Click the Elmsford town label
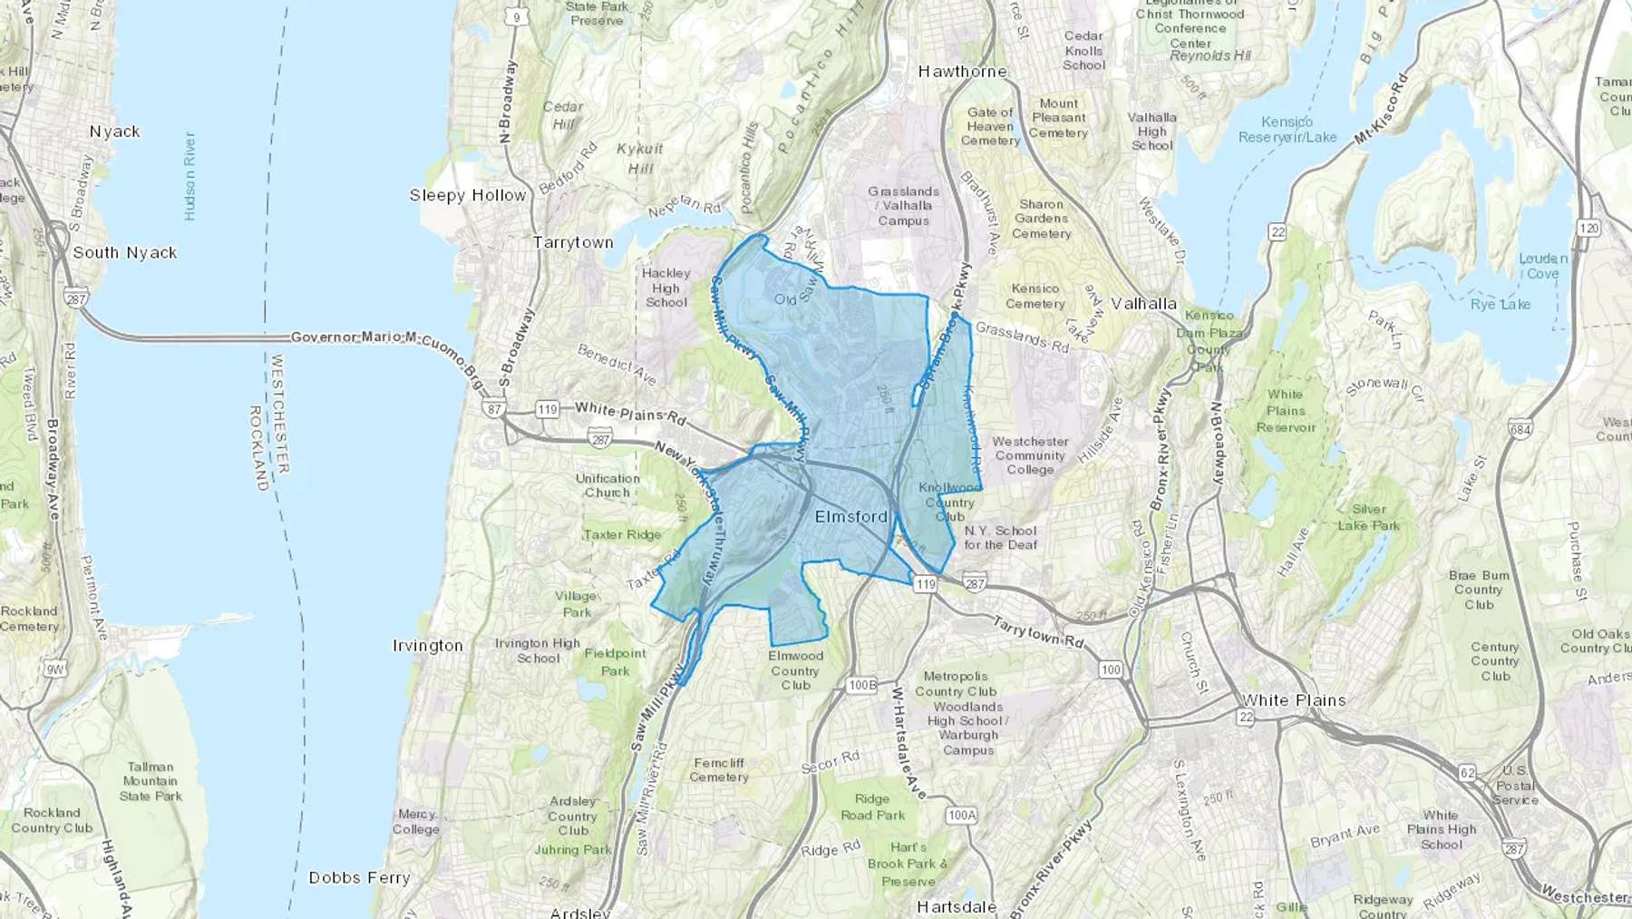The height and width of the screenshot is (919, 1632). tap(851, 516)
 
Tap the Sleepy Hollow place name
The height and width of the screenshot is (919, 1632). tap(467, 195)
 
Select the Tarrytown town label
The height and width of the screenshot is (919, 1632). tap(573, 242)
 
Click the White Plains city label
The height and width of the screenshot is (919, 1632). tap(1294, 699)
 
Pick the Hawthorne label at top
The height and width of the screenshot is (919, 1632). tap(962, 71)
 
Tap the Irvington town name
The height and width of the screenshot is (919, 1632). tap(427, 645)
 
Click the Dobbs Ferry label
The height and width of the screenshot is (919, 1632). tap(359, 877)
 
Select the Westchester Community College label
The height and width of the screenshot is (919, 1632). tap(1030, 455)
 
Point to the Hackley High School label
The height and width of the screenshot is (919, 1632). tap(666, 288)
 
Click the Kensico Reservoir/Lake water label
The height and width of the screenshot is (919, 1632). tap(1287, 129)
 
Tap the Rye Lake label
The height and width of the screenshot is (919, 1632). tap(1501, 304)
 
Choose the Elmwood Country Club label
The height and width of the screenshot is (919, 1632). tap(795, 670)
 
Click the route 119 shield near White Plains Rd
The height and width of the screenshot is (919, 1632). tap(547, 409)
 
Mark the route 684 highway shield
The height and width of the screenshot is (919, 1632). tap(1521, 428)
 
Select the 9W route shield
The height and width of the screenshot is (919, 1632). tap(54, 670)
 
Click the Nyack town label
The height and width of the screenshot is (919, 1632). tap(114, 132)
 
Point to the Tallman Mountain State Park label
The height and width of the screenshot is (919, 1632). tap(151, 781)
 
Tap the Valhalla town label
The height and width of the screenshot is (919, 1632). tap(1143, 303)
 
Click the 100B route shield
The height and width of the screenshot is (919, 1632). tap(862, 685)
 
